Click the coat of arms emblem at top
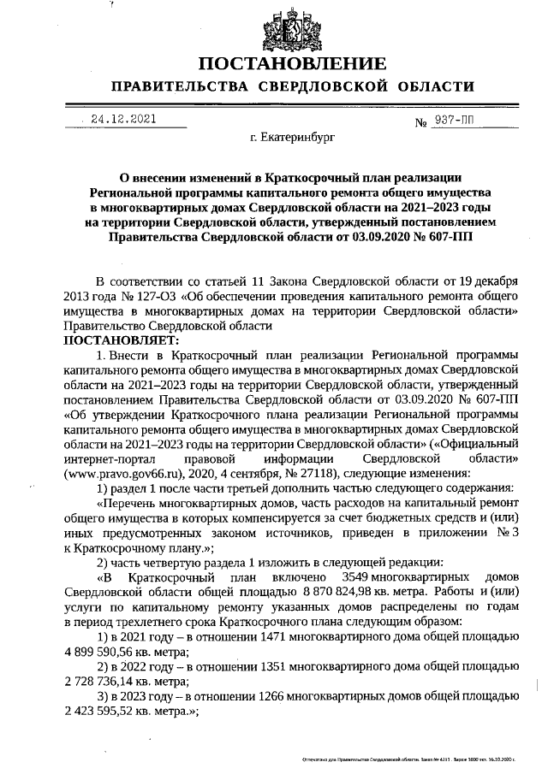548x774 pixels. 292,28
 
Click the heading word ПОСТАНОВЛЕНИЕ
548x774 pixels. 292,65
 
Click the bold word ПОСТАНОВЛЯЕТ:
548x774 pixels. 115,340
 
